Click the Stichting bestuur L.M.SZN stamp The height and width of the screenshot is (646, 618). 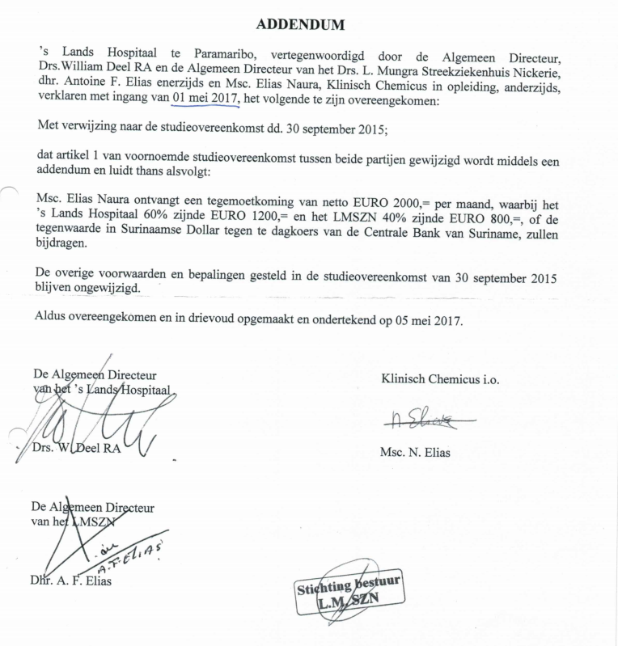pyautogui.click(x=349, y=593)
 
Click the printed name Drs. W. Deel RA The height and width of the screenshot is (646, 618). pyautogui.click(x=78, y=448)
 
